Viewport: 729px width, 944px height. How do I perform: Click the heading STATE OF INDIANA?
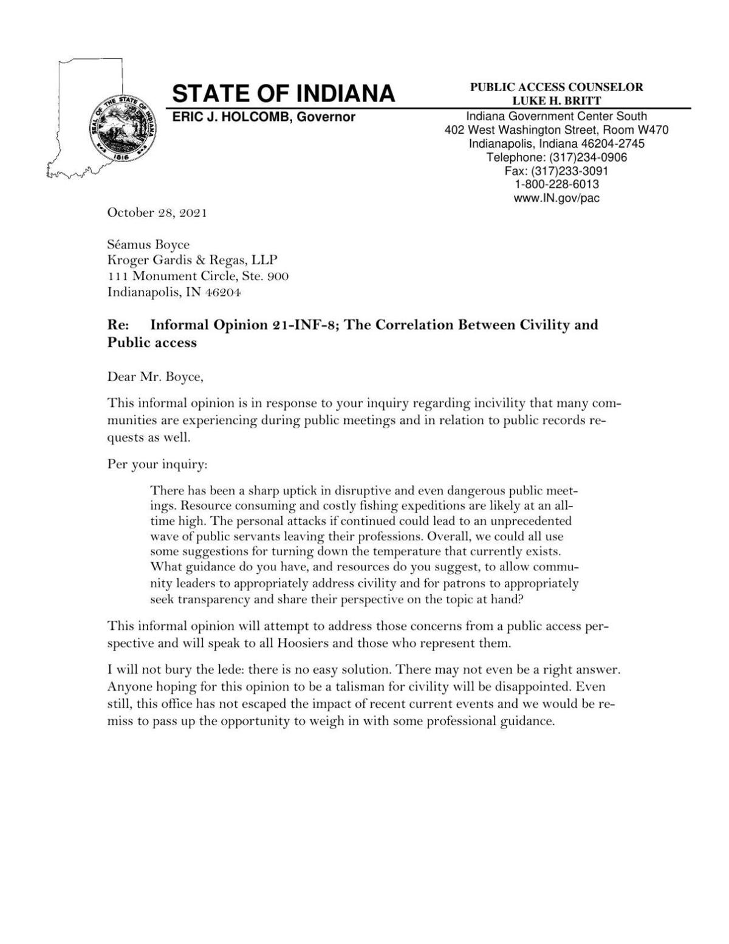click(x=284, y=94)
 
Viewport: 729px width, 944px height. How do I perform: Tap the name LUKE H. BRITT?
click(x=556, y=101)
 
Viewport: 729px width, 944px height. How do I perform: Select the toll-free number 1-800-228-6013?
click(x=556, y=184)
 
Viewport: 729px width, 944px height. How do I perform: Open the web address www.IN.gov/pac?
click(x=556, y=198)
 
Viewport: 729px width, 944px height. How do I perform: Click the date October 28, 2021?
click(x=157, y=213)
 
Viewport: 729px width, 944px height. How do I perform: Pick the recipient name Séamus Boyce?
click(x=148, y=245)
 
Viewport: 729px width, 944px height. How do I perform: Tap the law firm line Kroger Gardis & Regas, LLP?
click(x=192, y=261)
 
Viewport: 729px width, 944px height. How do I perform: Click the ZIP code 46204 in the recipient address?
click(x=224, y=292)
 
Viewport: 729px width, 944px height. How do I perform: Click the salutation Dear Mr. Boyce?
click(x=156, y=377)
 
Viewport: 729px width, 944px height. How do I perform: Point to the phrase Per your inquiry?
click(x=157, y=465)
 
